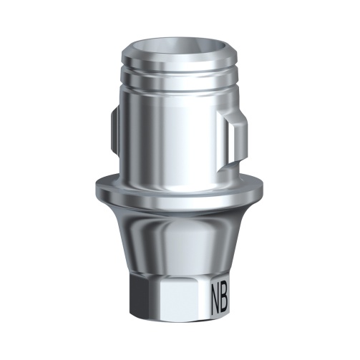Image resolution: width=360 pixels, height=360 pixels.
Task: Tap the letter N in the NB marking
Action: click(x=216, y=294)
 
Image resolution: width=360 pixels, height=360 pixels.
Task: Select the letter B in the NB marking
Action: click(x=230, y=294)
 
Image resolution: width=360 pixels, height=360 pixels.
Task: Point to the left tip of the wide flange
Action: click(x=95, y=188)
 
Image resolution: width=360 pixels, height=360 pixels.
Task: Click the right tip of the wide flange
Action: click(x=264, y=188)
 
